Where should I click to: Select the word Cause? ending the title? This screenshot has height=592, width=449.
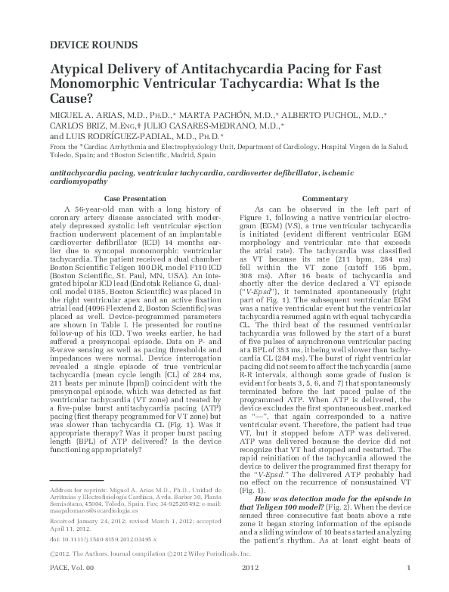click(72, 98)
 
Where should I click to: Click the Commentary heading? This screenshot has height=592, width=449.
click(324, 197)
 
